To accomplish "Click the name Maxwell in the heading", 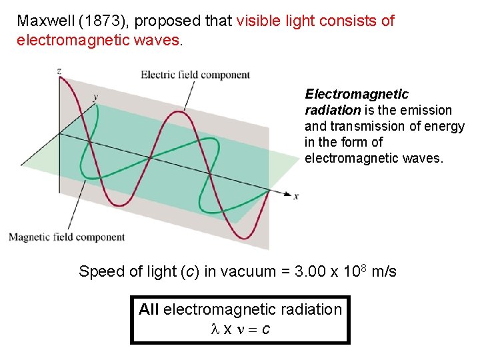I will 45,21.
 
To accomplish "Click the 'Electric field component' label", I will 195,75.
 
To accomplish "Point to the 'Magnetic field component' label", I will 66,237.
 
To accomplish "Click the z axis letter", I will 59,70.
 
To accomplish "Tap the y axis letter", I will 95,97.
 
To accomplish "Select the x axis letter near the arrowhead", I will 295,196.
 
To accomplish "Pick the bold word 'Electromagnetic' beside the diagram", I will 357,94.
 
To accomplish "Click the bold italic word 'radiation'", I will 332,110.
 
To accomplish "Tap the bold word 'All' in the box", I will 149,309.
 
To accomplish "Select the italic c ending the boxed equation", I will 265,329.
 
